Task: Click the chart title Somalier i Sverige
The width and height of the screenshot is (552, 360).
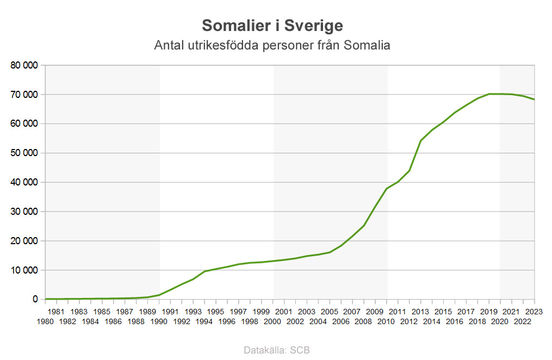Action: click(x=272, y=26)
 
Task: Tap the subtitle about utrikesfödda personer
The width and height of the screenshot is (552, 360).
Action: click(x=272, y=45)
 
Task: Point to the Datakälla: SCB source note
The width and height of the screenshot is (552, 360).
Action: click(x=277, y=350)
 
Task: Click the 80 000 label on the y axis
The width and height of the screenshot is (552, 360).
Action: click(x=24, y=65)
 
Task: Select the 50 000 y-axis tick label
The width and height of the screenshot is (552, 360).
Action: click(x=24, y=153)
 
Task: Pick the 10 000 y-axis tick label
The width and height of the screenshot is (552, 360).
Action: click(x=24, y=270)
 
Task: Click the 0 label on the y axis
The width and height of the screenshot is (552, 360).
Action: click(x=35, y=299)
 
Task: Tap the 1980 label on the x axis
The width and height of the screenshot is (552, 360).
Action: click(x=45, y=321)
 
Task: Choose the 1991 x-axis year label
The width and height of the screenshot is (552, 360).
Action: click(x=170, y=312)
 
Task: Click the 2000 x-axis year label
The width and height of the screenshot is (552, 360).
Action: click(x=272, y=321)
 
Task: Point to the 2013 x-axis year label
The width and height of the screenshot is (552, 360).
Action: click(x=420, y=312)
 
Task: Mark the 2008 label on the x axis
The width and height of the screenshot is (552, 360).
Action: click(x=363, y=321)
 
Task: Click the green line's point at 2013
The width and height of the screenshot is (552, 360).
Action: click(x=420, y=141)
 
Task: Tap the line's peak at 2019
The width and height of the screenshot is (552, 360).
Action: click(x=489, y=94)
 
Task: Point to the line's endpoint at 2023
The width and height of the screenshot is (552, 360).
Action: click(x=534, y=99)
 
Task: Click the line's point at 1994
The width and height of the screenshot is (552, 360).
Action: click(x=204, y=271)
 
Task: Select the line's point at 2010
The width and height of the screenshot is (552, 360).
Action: click(x=386, y=189)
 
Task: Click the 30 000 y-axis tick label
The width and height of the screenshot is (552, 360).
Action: click(x=24, y=212)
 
